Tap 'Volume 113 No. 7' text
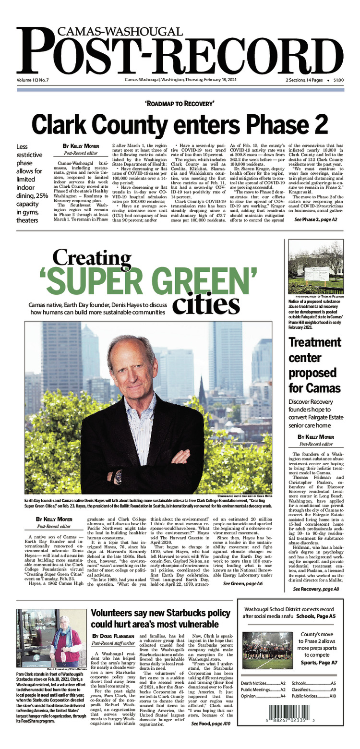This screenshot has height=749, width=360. coord(36,80)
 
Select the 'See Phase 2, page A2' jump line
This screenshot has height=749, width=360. coord(316,219)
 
